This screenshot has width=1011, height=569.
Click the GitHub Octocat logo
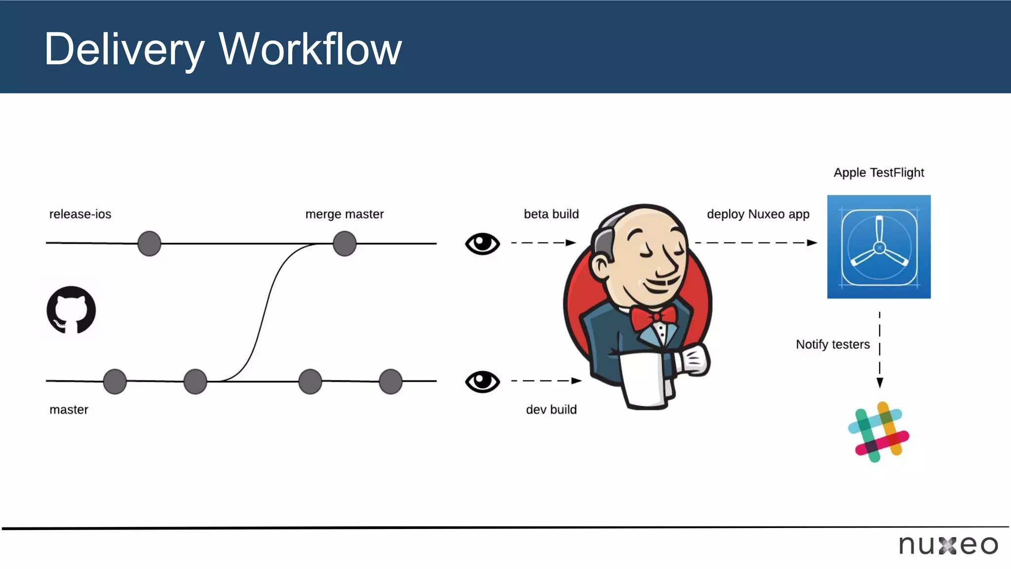[71, 310]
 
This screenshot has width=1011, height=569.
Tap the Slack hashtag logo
[879, 432]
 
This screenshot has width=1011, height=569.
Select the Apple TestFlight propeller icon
[879, 247]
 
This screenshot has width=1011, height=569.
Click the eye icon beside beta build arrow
[482, 244]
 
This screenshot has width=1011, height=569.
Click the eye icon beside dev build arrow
[482, 381]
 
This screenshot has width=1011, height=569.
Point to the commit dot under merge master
[345, 244]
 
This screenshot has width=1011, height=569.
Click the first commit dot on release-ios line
[149, 244]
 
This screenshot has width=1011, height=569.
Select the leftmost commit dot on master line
[115, 381]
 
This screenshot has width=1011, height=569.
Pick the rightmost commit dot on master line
[390, 381]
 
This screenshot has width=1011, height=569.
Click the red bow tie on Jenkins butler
[654, 318]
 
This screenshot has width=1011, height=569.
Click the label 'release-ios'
[80, 214]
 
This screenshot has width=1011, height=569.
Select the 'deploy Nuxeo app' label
[758, 214]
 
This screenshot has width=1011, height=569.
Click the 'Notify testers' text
[832, 344]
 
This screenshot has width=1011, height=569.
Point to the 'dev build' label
[551, 409]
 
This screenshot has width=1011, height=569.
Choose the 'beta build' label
[551, 214]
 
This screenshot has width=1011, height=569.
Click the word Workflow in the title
[310, 49]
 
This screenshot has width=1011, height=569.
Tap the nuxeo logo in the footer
[948, 545]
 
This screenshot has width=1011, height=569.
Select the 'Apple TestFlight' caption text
[879, 173]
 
